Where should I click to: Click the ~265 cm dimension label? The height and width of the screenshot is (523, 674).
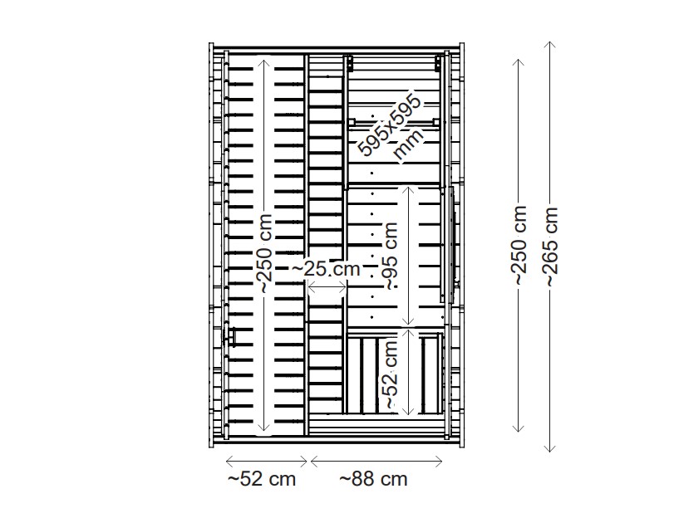click(x=550, y=246)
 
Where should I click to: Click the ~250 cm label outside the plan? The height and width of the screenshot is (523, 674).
click(x=519, y=246)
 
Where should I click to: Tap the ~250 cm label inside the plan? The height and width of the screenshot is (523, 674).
click(x=263, y=251)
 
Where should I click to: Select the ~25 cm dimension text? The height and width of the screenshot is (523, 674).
click(x=326, y=269)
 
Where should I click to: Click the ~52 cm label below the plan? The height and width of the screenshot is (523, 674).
click(x=261, y=479)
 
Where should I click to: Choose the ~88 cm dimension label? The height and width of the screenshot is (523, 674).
click(x=374, y=479)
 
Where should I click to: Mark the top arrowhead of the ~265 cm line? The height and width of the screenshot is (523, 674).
click(x=550, y=44)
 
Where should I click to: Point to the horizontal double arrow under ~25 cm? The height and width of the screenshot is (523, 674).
click(x=327, y=286)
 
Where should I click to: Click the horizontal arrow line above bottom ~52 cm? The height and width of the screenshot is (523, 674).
click(x=267, y=458)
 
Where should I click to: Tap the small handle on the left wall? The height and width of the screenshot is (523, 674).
click(x=230, y=336)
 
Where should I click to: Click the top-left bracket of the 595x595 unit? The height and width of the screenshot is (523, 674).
click(x=352, y=63)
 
